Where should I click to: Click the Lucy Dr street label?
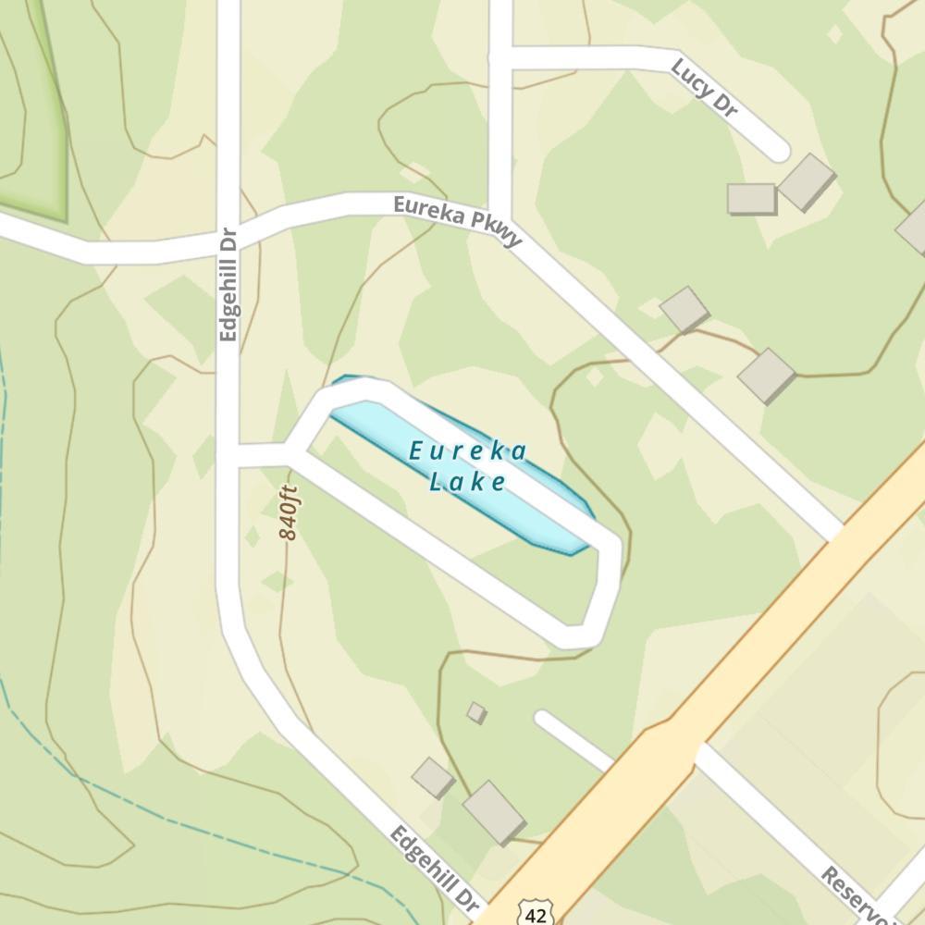coord(705,88)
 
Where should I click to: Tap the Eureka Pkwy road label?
coord(458,220)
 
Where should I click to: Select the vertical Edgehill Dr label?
coord(228,285)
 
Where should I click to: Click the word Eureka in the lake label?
coord(468,451)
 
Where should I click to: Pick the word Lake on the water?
coord(468,481)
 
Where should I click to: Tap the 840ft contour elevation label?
coord(290,512)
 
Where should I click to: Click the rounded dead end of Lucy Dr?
coord(775,148)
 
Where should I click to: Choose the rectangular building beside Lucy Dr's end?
coord(751,198)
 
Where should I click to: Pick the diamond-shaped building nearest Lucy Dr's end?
coord(807,180)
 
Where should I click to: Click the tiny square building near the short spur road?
coord(476,712)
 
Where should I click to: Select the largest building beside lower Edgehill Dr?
coord(494,811)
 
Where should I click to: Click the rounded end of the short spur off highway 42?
coord(544,719)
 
